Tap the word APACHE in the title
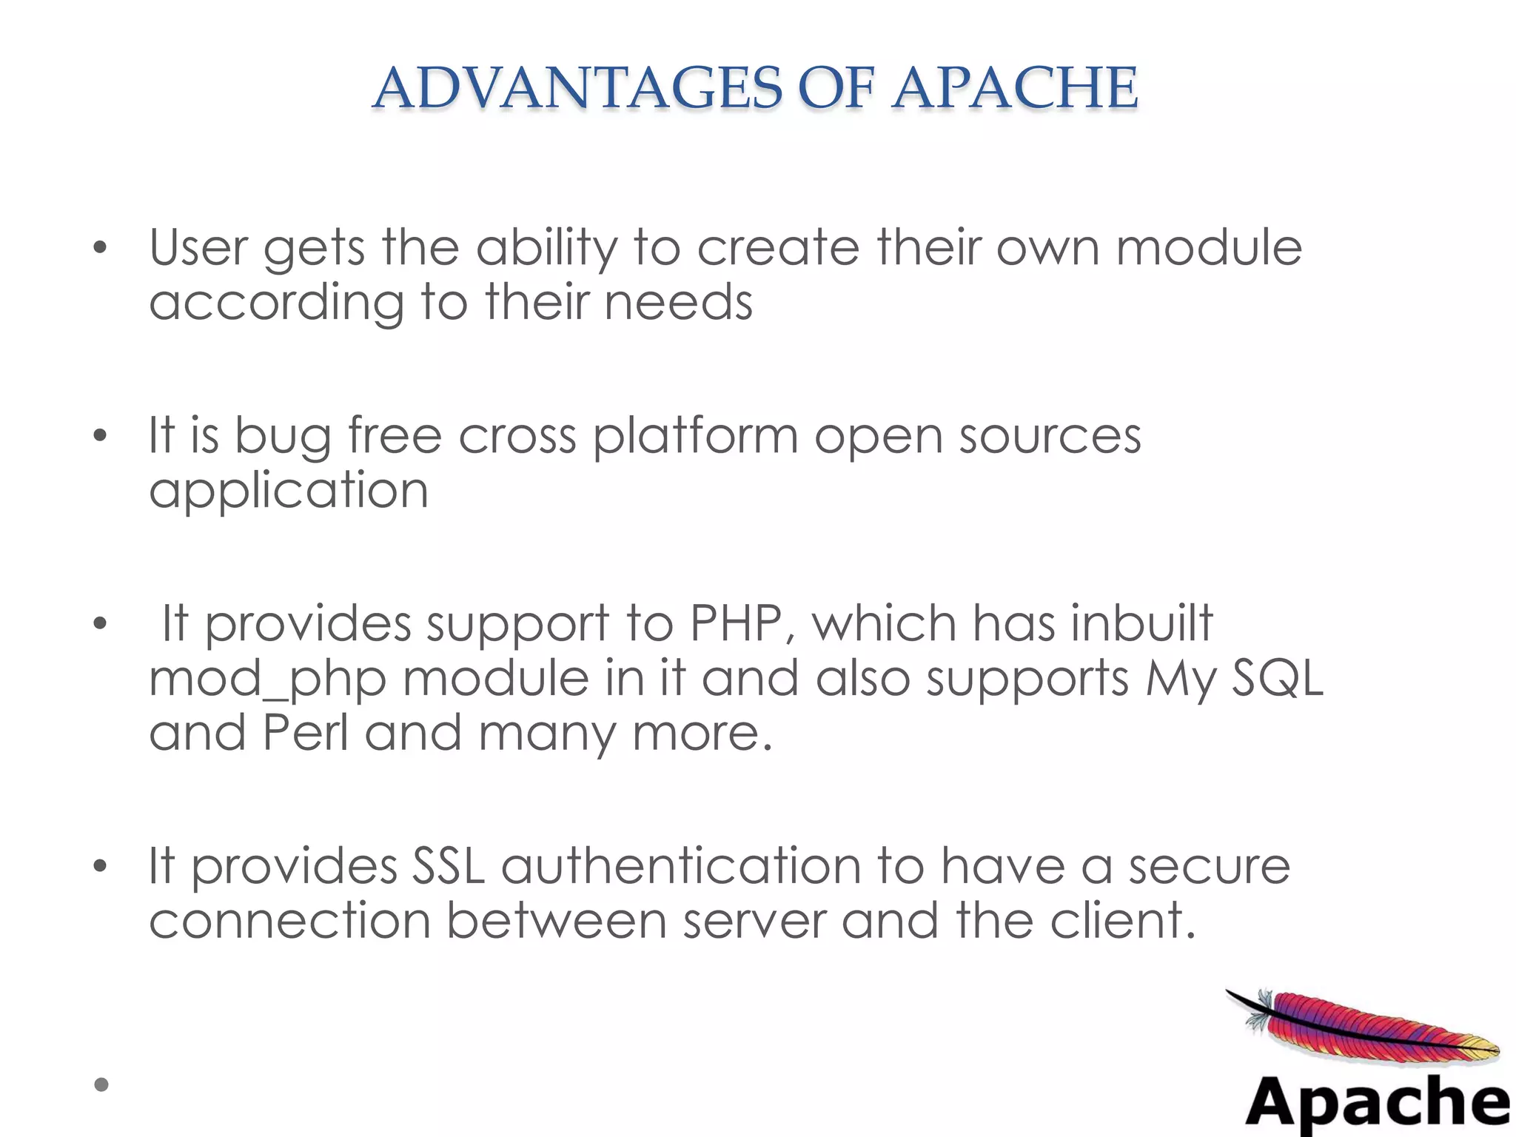point(1015,88)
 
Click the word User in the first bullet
point(198,247)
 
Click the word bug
point(283,437)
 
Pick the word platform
point(695,437)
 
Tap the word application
point(289,492)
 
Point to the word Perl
point(305,733)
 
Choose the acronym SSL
point(448,865)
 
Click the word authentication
point(681,866)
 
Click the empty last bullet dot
point(101,1084)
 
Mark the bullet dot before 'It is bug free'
point(101,436)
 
